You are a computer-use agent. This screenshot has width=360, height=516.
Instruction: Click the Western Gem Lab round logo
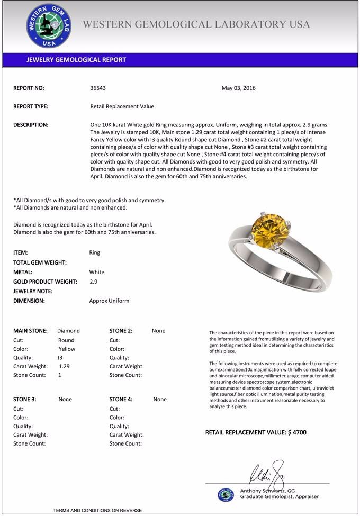point(49,26)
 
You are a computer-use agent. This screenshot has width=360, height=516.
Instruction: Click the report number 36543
point(98,88)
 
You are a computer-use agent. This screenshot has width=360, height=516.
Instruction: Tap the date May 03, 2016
point(238,88)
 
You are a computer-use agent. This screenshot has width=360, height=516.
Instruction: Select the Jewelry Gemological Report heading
point(76,60)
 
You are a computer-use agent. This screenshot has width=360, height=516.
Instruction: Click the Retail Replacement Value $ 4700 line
point(256,432)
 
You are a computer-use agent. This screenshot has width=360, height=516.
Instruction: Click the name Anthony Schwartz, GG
point(267,491)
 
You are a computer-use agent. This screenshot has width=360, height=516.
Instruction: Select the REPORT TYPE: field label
point(31,106)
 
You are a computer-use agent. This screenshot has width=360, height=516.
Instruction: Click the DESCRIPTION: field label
point(31,125)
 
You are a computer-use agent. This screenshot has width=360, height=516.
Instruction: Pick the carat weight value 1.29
point(64,366)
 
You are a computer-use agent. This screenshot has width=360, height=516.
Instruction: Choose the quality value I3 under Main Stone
point(60,357)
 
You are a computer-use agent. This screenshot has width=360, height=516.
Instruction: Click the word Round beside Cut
point(66,340)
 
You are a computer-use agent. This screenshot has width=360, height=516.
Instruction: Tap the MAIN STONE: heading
point(30,331)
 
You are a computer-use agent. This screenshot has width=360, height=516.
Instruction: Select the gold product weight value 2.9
point(93,282)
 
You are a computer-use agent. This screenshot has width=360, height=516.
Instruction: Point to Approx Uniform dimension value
point(109,301)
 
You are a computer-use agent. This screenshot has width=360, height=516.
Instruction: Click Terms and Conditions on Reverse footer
point(97,510)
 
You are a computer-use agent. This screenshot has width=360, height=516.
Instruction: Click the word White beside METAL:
point(97,272)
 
